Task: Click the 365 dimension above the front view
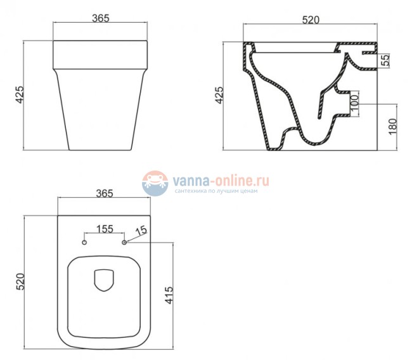101,18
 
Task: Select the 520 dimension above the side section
309,20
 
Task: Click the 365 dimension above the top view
104,193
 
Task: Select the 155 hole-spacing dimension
105,229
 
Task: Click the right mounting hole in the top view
124,242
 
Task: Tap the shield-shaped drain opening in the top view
102,280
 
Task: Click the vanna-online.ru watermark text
221,180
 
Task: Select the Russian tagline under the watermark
216,191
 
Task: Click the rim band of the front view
101,54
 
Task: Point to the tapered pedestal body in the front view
101,108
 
